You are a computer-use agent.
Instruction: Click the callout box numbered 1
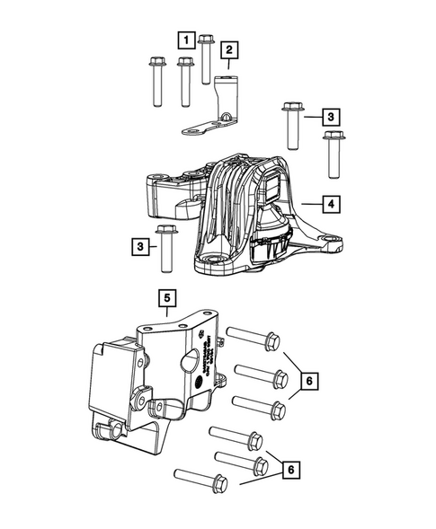pyautogui.click(x=184, y=40)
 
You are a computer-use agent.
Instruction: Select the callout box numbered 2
pyautogui.click(x=229, y=49)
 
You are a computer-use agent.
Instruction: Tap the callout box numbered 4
pyautogui.click(x=332, y=206)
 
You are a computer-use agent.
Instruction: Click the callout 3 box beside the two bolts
pyautogui.click(x=332, y=118)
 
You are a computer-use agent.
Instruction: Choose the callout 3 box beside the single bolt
pyautogui.click(x=140, y=245)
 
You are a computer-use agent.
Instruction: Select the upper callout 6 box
pyautogui.click(x=308, y=383)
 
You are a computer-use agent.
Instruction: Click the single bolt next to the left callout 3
pyautogui.click(x=165, y=249)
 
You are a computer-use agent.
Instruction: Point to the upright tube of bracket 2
pyautogui.click(x=226, y=95)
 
